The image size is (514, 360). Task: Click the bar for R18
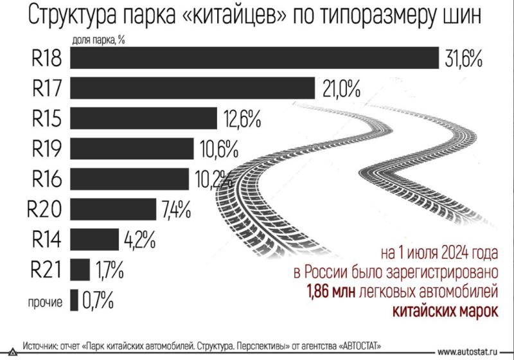click(x=254, y=58)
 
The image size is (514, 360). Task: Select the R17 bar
click(x=192, y=88)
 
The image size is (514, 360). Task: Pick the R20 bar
click(x=113, y=209)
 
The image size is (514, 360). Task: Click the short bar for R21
click(x=80, y=269)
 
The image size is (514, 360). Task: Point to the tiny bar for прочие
click(x=74, y=300)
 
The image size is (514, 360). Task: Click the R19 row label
click(x=46, y=149)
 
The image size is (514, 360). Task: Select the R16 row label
click(x=46, y=179)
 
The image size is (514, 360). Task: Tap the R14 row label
click(x=46, y=239)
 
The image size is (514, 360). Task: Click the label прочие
click(x=44, y=301)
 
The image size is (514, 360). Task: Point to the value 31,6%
click(x=463, y=59)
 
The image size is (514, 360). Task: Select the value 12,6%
click(x=242, y=120)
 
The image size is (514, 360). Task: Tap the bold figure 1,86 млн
click(x=329, y=293)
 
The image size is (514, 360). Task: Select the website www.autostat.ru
click(x=473, y=351)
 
